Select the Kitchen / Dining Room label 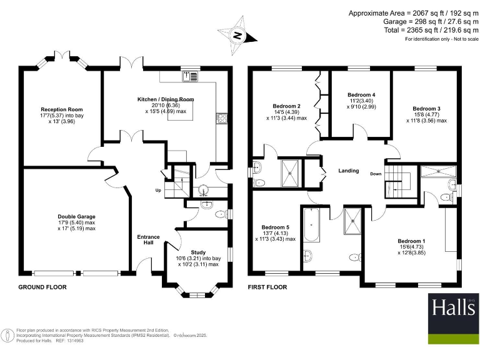[166, 99]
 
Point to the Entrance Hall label [149, 240]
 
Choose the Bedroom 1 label [411, 241]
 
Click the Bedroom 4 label [361, 95]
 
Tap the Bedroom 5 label [276, 227]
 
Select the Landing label [348, 170]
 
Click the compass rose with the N [237, 36]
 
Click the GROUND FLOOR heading [42, 287]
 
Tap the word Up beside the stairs [159, 190]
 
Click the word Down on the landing [375, 174]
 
